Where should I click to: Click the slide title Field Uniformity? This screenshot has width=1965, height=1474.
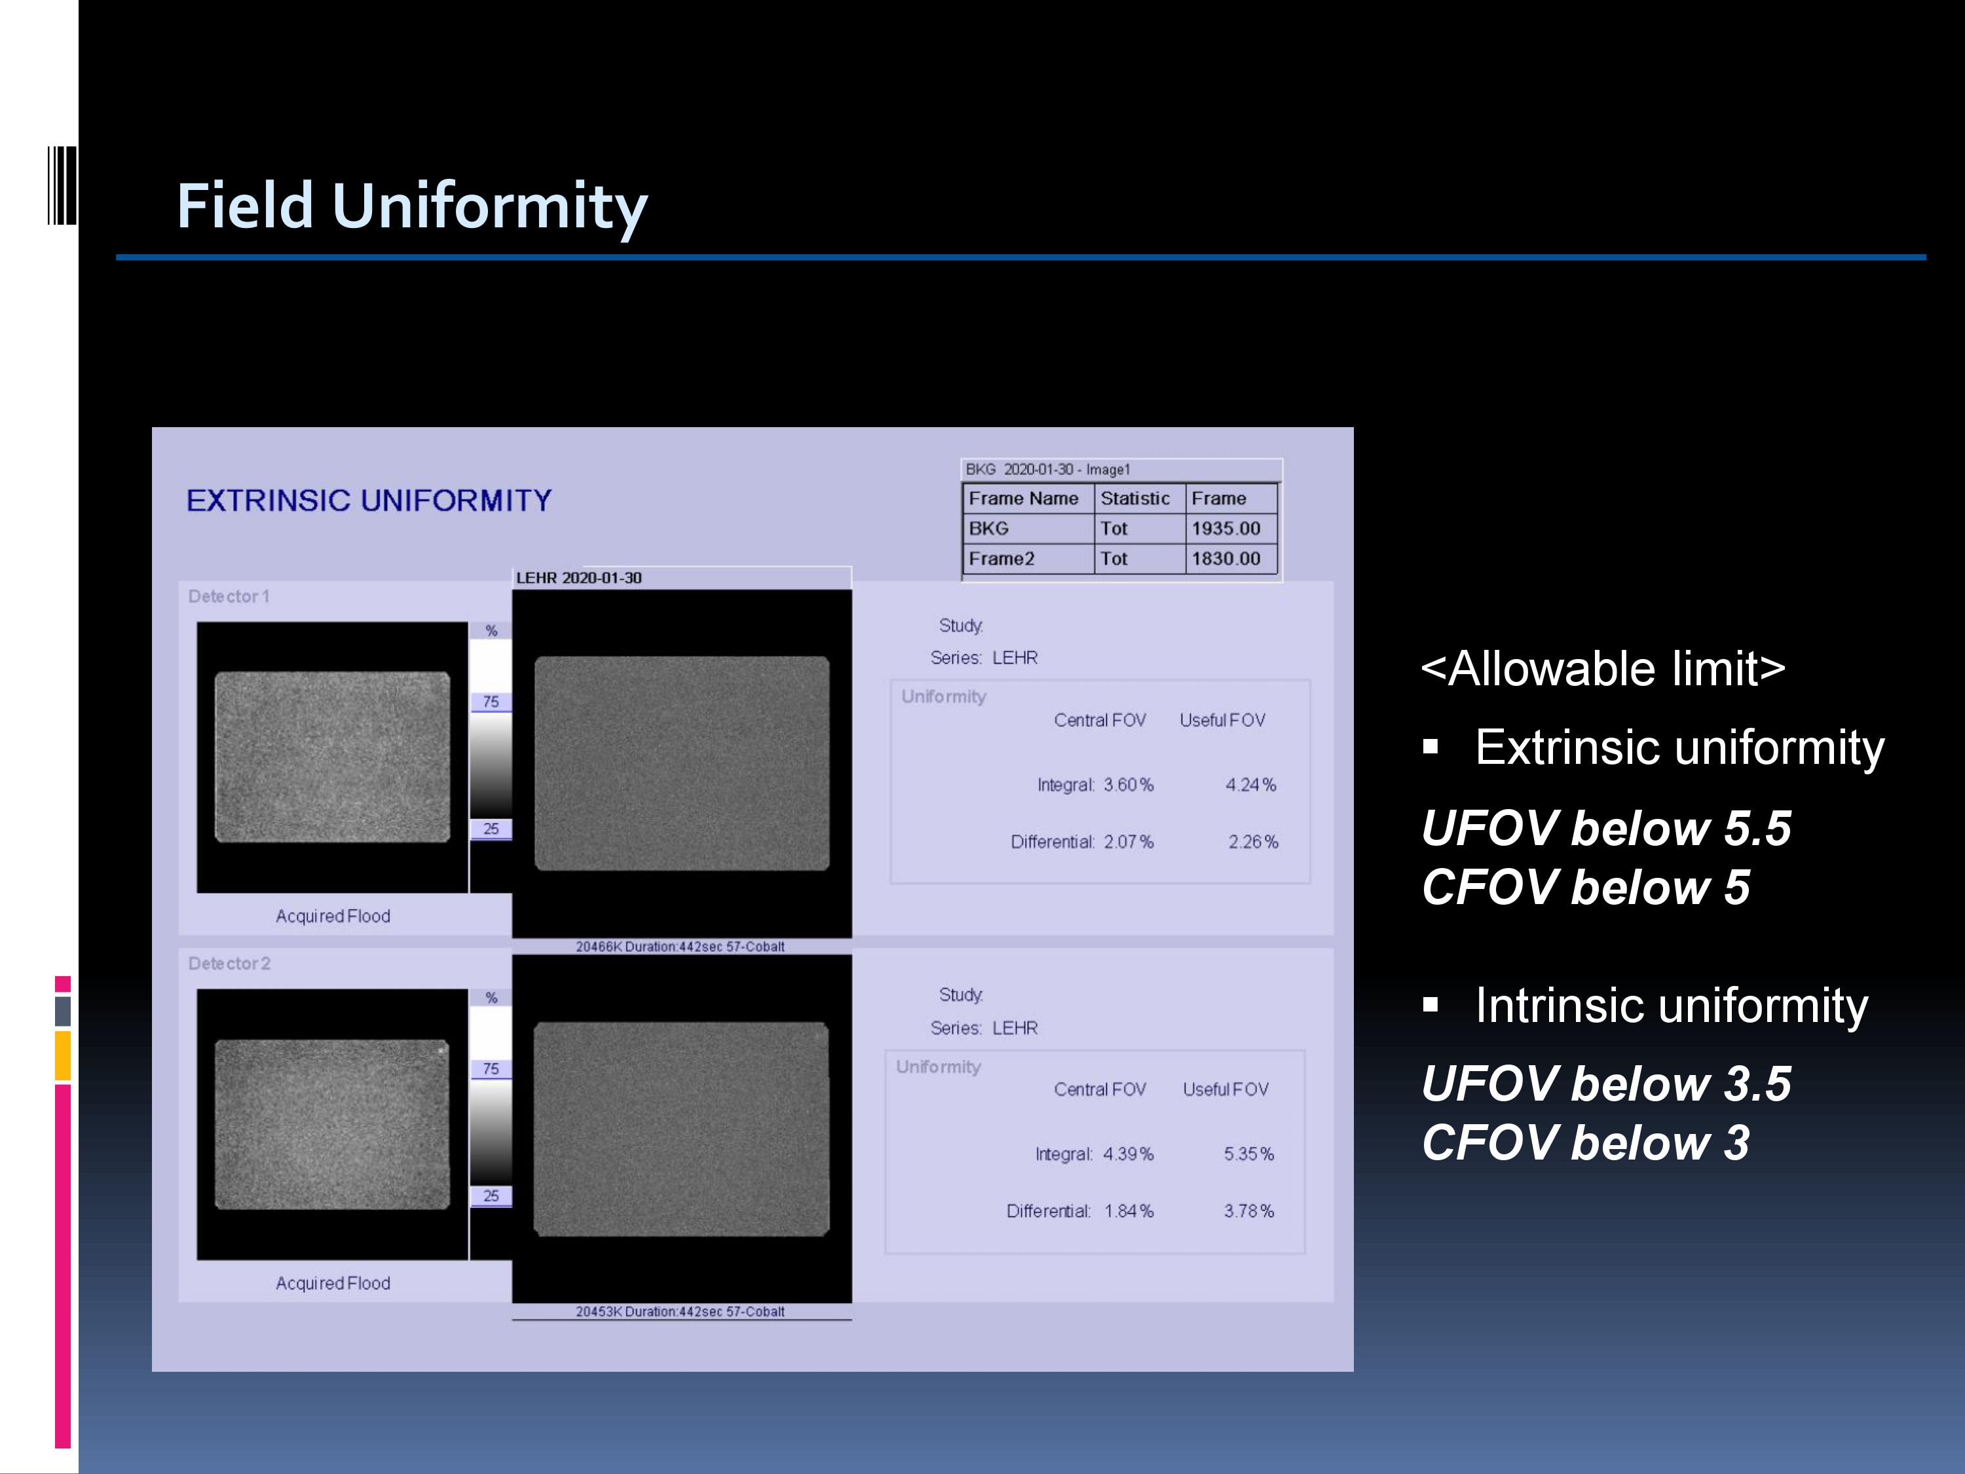point(412,206)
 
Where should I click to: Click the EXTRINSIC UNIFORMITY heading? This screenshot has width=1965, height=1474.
point(369,501)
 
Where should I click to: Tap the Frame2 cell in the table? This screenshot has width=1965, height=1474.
point(1028,558)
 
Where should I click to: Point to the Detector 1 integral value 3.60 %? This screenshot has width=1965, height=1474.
point(1128,785)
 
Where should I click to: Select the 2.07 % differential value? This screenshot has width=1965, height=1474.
point(1128,841)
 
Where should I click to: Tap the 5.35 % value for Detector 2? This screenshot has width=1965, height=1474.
point(1249,1153)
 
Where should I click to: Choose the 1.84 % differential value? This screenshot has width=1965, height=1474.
point(1128,1211)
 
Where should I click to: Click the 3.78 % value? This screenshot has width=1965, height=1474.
point(1249,1211)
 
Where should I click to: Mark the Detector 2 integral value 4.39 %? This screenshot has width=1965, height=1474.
point(1128,1153)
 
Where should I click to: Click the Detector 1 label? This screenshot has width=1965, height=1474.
point(229,596)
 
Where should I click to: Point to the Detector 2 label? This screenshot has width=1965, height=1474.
point(229,963)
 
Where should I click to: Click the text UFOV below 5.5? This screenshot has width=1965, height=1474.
point(1606,828)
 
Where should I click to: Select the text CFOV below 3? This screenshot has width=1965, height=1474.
point(1586,1143)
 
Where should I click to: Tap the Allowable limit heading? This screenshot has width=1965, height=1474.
point(1603,668)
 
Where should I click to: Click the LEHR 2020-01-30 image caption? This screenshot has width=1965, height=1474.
point(579,578)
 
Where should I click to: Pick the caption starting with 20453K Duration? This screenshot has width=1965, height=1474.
point(680,1312)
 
